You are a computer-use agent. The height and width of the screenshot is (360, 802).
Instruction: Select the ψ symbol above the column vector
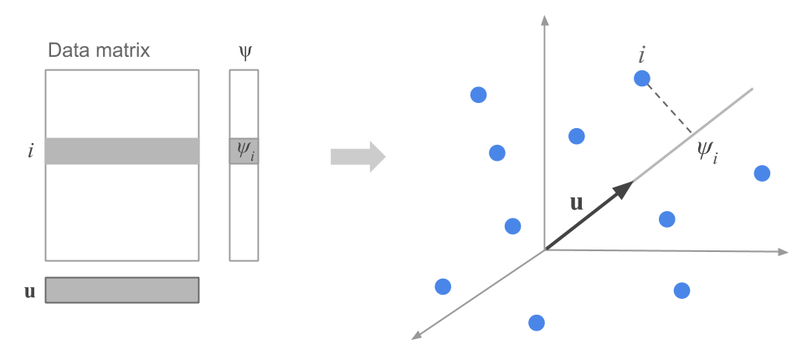(244, 53)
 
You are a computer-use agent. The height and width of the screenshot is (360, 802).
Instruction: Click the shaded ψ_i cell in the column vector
(244, 152)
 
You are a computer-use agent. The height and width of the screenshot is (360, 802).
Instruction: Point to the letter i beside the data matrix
(31, 152)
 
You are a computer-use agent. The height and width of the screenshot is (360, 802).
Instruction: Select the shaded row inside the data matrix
(122, 152)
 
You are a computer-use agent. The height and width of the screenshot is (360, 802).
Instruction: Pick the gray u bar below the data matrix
(122, 290)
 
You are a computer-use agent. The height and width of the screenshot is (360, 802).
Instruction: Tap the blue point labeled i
(642, 78)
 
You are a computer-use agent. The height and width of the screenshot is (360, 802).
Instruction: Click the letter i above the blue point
(641, 56)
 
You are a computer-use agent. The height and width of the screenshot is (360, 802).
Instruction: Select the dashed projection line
(668, 105)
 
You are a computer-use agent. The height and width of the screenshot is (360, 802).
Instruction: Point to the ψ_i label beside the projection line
(707, 152)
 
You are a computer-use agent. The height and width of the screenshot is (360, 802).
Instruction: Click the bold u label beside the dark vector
(576, 203)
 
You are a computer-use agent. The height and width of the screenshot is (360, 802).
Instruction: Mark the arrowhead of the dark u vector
(623, 189)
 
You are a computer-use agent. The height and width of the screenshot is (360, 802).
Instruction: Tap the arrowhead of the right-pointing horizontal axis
(784, 251)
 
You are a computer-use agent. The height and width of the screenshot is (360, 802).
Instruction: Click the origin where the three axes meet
(545, 249)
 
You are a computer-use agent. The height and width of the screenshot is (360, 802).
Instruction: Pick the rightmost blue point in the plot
(762, 173)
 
